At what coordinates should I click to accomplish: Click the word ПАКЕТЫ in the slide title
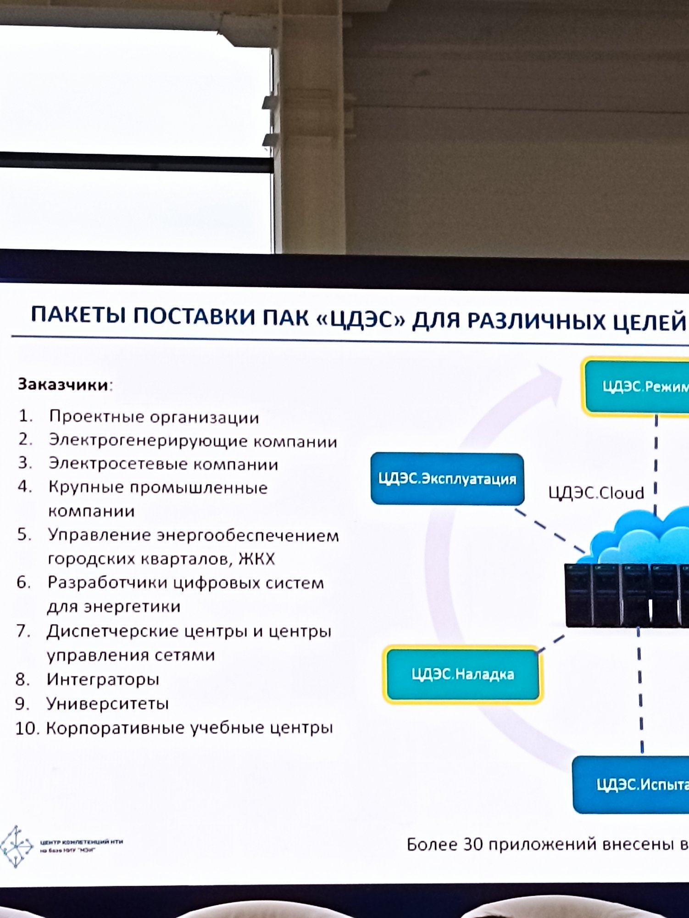point(78,315)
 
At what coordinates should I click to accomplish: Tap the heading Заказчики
point(63,384)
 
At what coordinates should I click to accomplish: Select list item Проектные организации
point(154,417)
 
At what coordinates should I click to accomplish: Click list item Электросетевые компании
point(163,464)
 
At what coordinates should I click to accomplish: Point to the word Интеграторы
point(103,679)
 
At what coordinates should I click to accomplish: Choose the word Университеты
point(107,703)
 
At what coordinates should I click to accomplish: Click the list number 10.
point(28,728)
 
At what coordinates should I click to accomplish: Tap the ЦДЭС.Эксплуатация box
point(447,479)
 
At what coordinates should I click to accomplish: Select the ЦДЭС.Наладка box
point(463,674)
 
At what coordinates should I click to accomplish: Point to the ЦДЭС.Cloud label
point(596,493)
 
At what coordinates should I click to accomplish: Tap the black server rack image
point(626,595)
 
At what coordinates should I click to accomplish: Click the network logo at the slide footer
point(17,846)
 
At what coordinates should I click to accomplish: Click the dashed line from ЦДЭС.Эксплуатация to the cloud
point(550,529)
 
